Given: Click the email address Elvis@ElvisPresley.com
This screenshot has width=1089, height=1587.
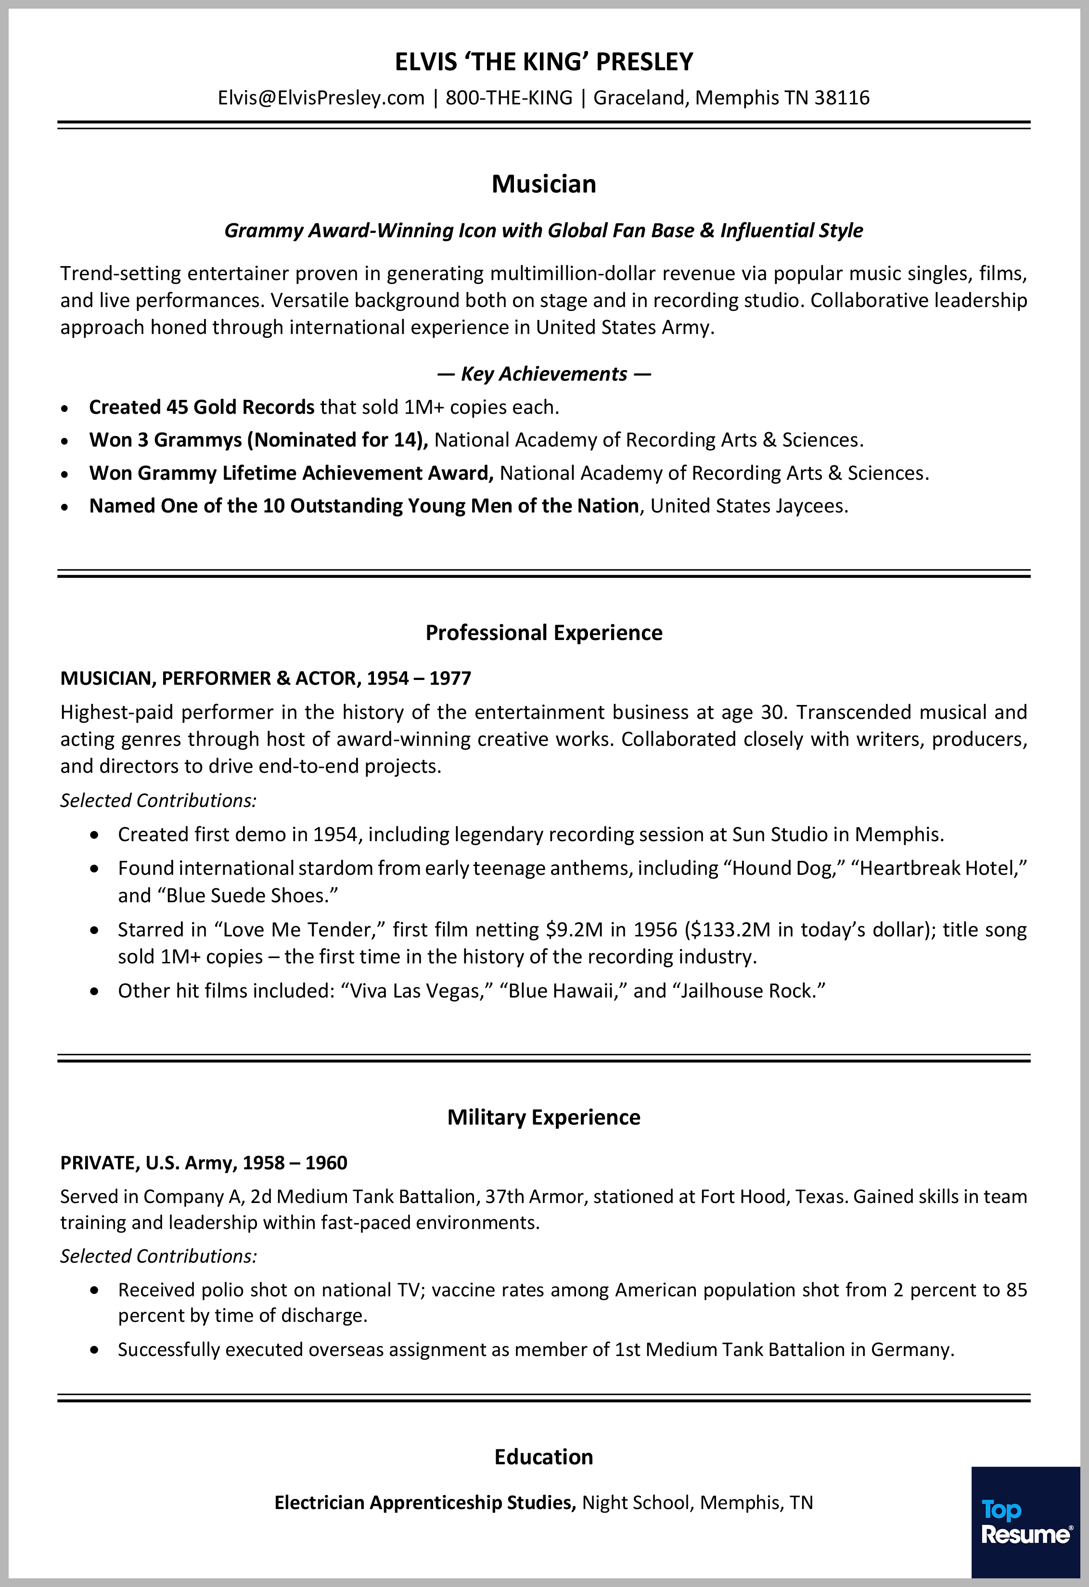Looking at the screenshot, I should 321,98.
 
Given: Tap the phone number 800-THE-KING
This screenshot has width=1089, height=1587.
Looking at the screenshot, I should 509,98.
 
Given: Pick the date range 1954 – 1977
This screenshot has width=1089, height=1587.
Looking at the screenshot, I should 419,678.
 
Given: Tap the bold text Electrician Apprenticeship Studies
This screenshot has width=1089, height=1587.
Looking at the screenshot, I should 424,1502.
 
